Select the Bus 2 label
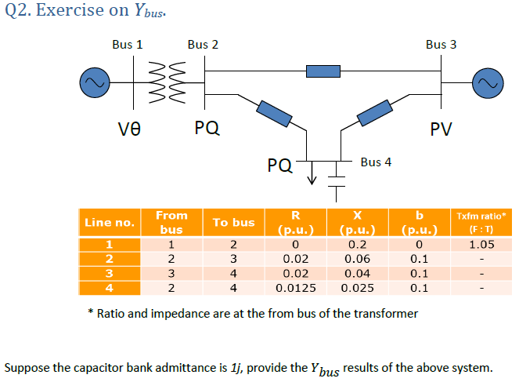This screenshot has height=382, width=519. [203, 45]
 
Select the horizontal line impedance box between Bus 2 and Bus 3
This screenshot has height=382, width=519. [323, 71]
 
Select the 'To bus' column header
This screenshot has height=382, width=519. [233, 222]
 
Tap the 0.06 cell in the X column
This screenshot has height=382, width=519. [358, 259]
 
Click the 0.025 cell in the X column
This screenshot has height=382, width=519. [358, 288]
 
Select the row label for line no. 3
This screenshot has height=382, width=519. [110, 273]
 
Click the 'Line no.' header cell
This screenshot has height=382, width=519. [110, 222]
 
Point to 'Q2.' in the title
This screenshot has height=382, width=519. [18, 11]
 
